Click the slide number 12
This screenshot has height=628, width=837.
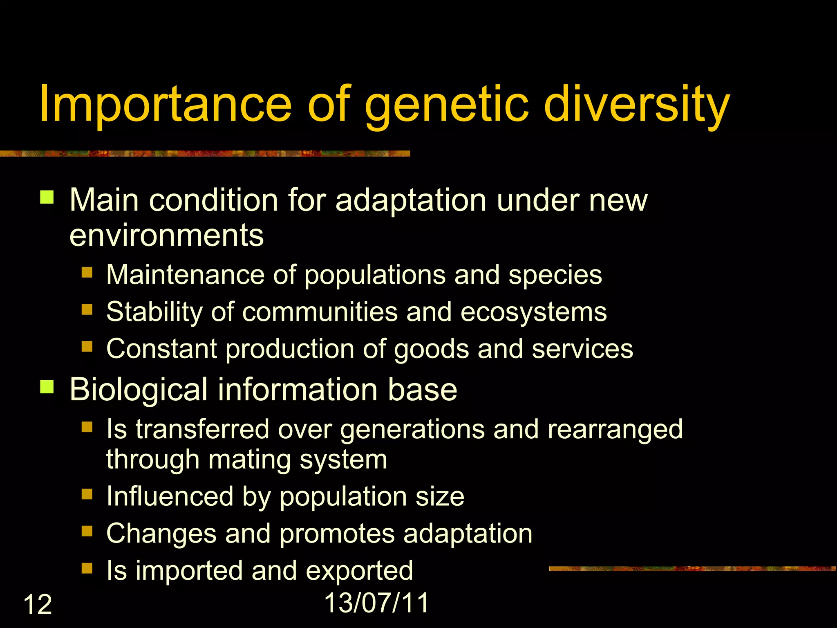[x=38, y=604]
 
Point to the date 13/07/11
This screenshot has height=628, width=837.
[x=376, y=602]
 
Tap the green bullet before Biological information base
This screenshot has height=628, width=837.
[x=47, y=386]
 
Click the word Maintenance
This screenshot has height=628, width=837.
[x=186, y=274]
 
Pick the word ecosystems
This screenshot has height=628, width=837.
[x=533, y=312]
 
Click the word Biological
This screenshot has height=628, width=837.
[x=139, y=389]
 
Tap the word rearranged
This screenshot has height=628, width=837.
[x=615, y=429]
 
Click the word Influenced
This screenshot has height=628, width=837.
[x=170, y=496]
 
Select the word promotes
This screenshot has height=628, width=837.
[x=337, y=534]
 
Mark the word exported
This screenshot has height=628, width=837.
[x=359, y=570]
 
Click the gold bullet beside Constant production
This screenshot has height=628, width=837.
[x=87, y=347]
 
